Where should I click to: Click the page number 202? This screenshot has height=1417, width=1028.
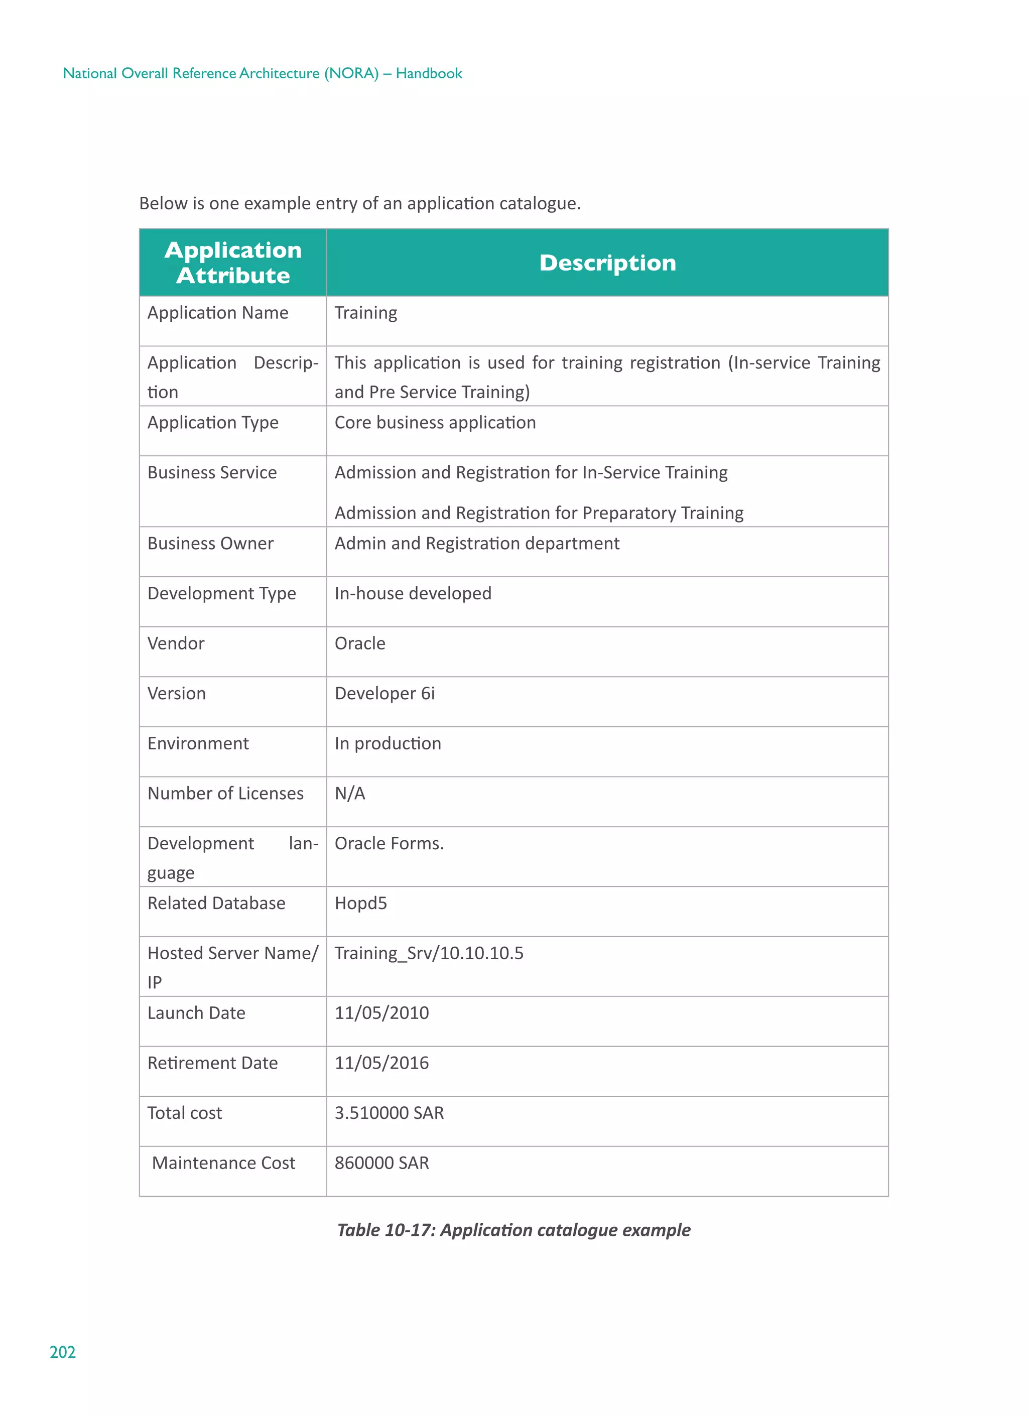62,1352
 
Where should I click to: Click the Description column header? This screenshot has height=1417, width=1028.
607,263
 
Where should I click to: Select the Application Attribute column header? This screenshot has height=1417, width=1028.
232,263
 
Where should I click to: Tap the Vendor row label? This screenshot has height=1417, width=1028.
176,643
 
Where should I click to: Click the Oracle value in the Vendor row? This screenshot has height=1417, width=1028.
360,643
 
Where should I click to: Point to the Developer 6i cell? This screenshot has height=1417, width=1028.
384,694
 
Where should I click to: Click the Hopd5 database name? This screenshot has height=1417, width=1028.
360,904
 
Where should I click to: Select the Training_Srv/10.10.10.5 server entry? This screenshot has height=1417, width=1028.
429,953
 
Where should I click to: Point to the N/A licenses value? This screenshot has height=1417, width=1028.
349,794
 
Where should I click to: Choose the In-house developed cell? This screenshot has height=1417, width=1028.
413,593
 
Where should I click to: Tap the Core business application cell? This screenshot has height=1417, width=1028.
435,423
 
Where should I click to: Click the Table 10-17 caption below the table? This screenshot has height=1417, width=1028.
513,1230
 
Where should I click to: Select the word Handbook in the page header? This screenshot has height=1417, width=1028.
429,74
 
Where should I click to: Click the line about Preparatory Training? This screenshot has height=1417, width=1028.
539,513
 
